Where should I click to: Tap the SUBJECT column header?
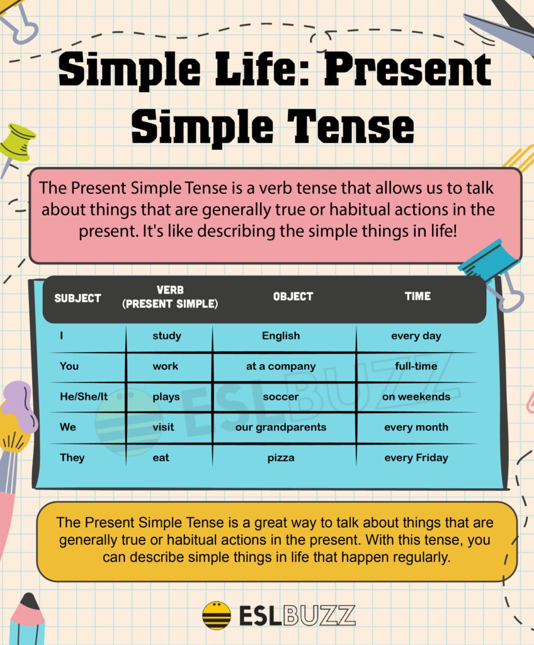77,298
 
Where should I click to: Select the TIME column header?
418,296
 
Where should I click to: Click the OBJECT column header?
293,296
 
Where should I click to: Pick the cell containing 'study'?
167,336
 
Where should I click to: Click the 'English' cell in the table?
281,336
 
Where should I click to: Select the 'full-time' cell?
416,366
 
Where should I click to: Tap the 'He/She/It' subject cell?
84,397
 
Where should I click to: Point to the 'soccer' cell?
281,397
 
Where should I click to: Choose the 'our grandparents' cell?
281,427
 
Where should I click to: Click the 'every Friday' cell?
416,458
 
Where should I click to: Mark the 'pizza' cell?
281,458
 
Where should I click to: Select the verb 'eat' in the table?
161,458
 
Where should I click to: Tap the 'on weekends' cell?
416,397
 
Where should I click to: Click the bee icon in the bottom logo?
217,615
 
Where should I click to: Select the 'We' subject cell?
68,427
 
